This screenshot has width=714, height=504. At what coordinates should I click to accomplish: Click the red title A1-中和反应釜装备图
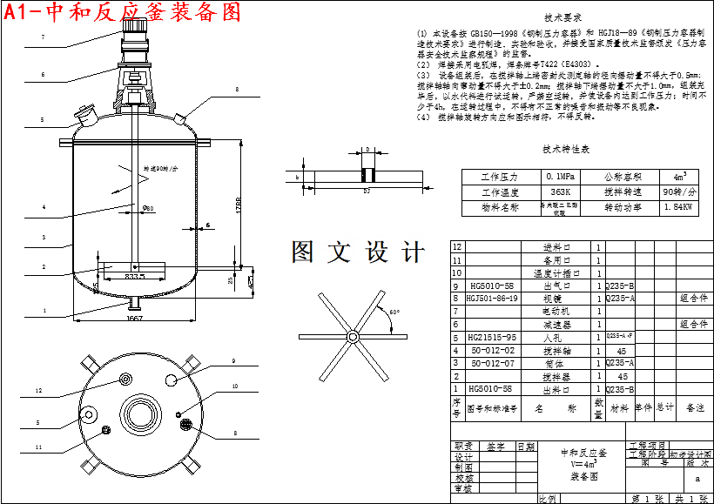(x=122, y=12)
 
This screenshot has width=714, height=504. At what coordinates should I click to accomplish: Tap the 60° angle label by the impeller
(x=394, y=312)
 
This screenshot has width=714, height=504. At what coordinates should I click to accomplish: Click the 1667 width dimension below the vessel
(x=135, y=319)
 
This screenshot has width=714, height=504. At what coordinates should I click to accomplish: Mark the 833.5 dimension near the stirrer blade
(x=135, y=276)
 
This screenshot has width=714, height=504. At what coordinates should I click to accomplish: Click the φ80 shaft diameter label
(x=147, y=208)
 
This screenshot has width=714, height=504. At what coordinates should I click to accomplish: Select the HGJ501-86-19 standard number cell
(x=492, y=299)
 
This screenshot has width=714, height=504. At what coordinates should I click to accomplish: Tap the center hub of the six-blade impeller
(x=352, y=337)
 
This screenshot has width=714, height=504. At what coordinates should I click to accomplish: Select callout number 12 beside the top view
(x=38, y=391)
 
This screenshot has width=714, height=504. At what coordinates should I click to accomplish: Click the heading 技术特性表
(x=565, y=150)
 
